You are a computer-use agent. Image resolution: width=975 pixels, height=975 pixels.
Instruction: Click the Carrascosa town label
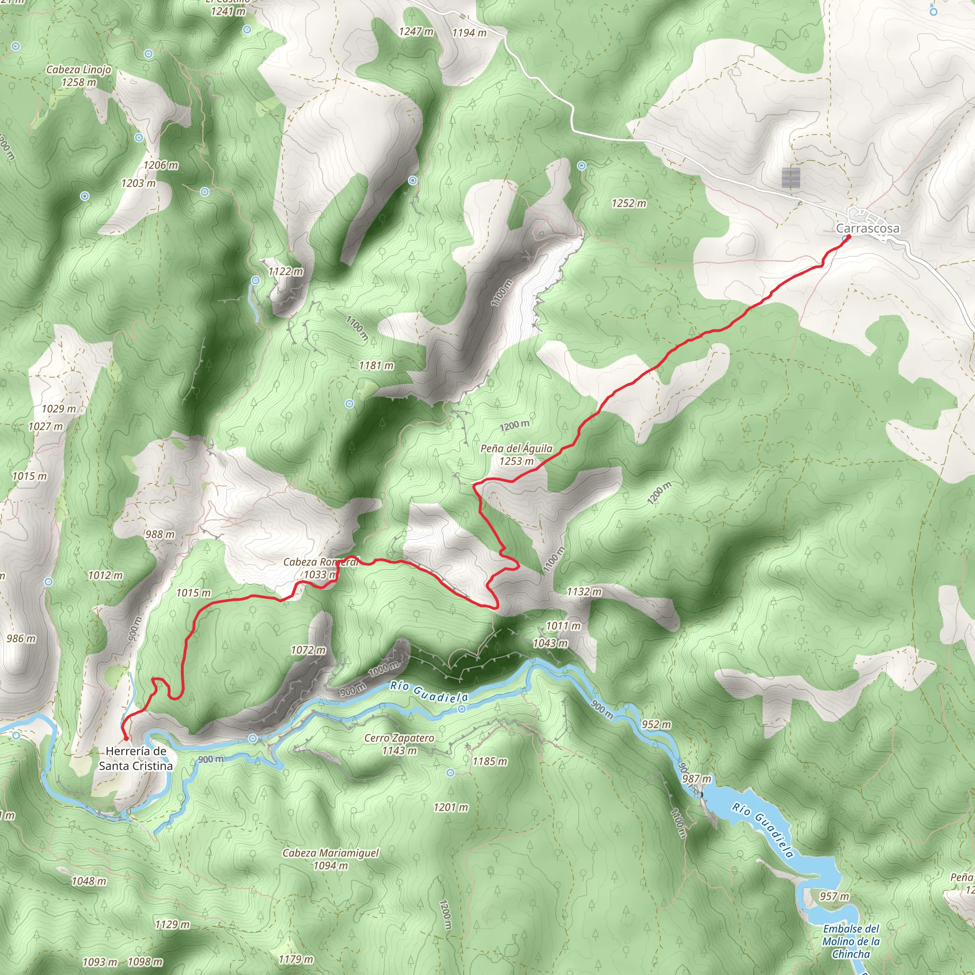[867, 229]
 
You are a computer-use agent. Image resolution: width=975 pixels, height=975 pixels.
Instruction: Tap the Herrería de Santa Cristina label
[136, 758]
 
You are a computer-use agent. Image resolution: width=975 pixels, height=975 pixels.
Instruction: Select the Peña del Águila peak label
[516, 454]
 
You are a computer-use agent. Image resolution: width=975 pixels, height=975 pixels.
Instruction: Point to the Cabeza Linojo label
[79, 76]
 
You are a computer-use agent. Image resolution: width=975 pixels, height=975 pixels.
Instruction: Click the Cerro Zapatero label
[399, 744]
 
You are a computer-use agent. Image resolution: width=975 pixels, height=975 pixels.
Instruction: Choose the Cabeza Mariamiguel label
[330, 859]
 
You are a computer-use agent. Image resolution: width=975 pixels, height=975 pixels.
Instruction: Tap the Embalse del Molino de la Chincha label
[851, 941]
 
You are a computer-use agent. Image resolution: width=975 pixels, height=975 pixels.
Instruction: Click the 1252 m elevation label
[629, 203]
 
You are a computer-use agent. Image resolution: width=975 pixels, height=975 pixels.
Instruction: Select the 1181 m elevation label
[377, 365]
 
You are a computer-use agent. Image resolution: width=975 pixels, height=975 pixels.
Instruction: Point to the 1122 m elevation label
[286, 271]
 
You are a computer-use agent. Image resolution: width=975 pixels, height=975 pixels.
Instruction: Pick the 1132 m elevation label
[584, 591]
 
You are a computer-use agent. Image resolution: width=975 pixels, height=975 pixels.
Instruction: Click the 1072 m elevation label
[308, 650]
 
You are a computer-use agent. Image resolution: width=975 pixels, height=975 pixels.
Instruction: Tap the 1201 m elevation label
[451, 807]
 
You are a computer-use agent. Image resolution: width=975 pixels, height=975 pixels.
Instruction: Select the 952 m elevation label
[657, 724]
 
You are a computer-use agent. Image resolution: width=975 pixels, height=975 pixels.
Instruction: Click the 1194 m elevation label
[469, 33]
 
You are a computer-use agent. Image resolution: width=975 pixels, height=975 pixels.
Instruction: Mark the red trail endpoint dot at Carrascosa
[849, 237]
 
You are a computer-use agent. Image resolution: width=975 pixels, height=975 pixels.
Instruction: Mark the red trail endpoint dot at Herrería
[126, 738]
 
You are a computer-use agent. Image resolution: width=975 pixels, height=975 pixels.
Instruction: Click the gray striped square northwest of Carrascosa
[791, 178]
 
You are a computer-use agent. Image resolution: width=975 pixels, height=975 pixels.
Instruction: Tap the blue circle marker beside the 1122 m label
[256, 280]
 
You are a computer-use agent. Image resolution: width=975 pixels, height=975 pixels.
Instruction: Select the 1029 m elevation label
[59, 409]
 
